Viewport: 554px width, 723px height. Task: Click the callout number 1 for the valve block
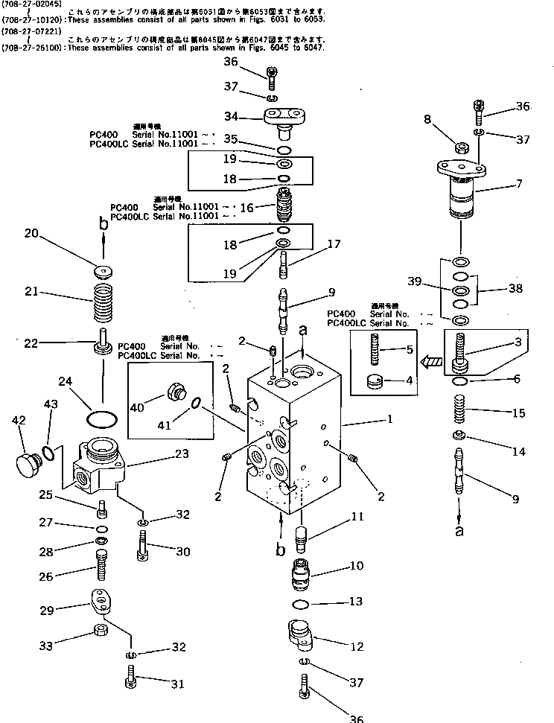pos(389,419)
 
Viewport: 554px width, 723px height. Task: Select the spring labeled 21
pos(104,302)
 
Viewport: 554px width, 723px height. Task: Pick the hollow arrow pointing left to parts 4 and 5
pos(430,363)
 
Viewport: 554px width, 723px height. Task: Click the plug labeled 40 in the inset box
pos(177,392)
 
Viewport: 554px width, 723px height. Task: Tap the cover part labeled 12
pos(299,637)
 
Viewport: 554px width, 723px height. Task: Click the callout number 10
pos(356,566)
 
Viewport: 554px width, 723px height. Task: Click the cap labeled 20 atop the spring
pos(103,270)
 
